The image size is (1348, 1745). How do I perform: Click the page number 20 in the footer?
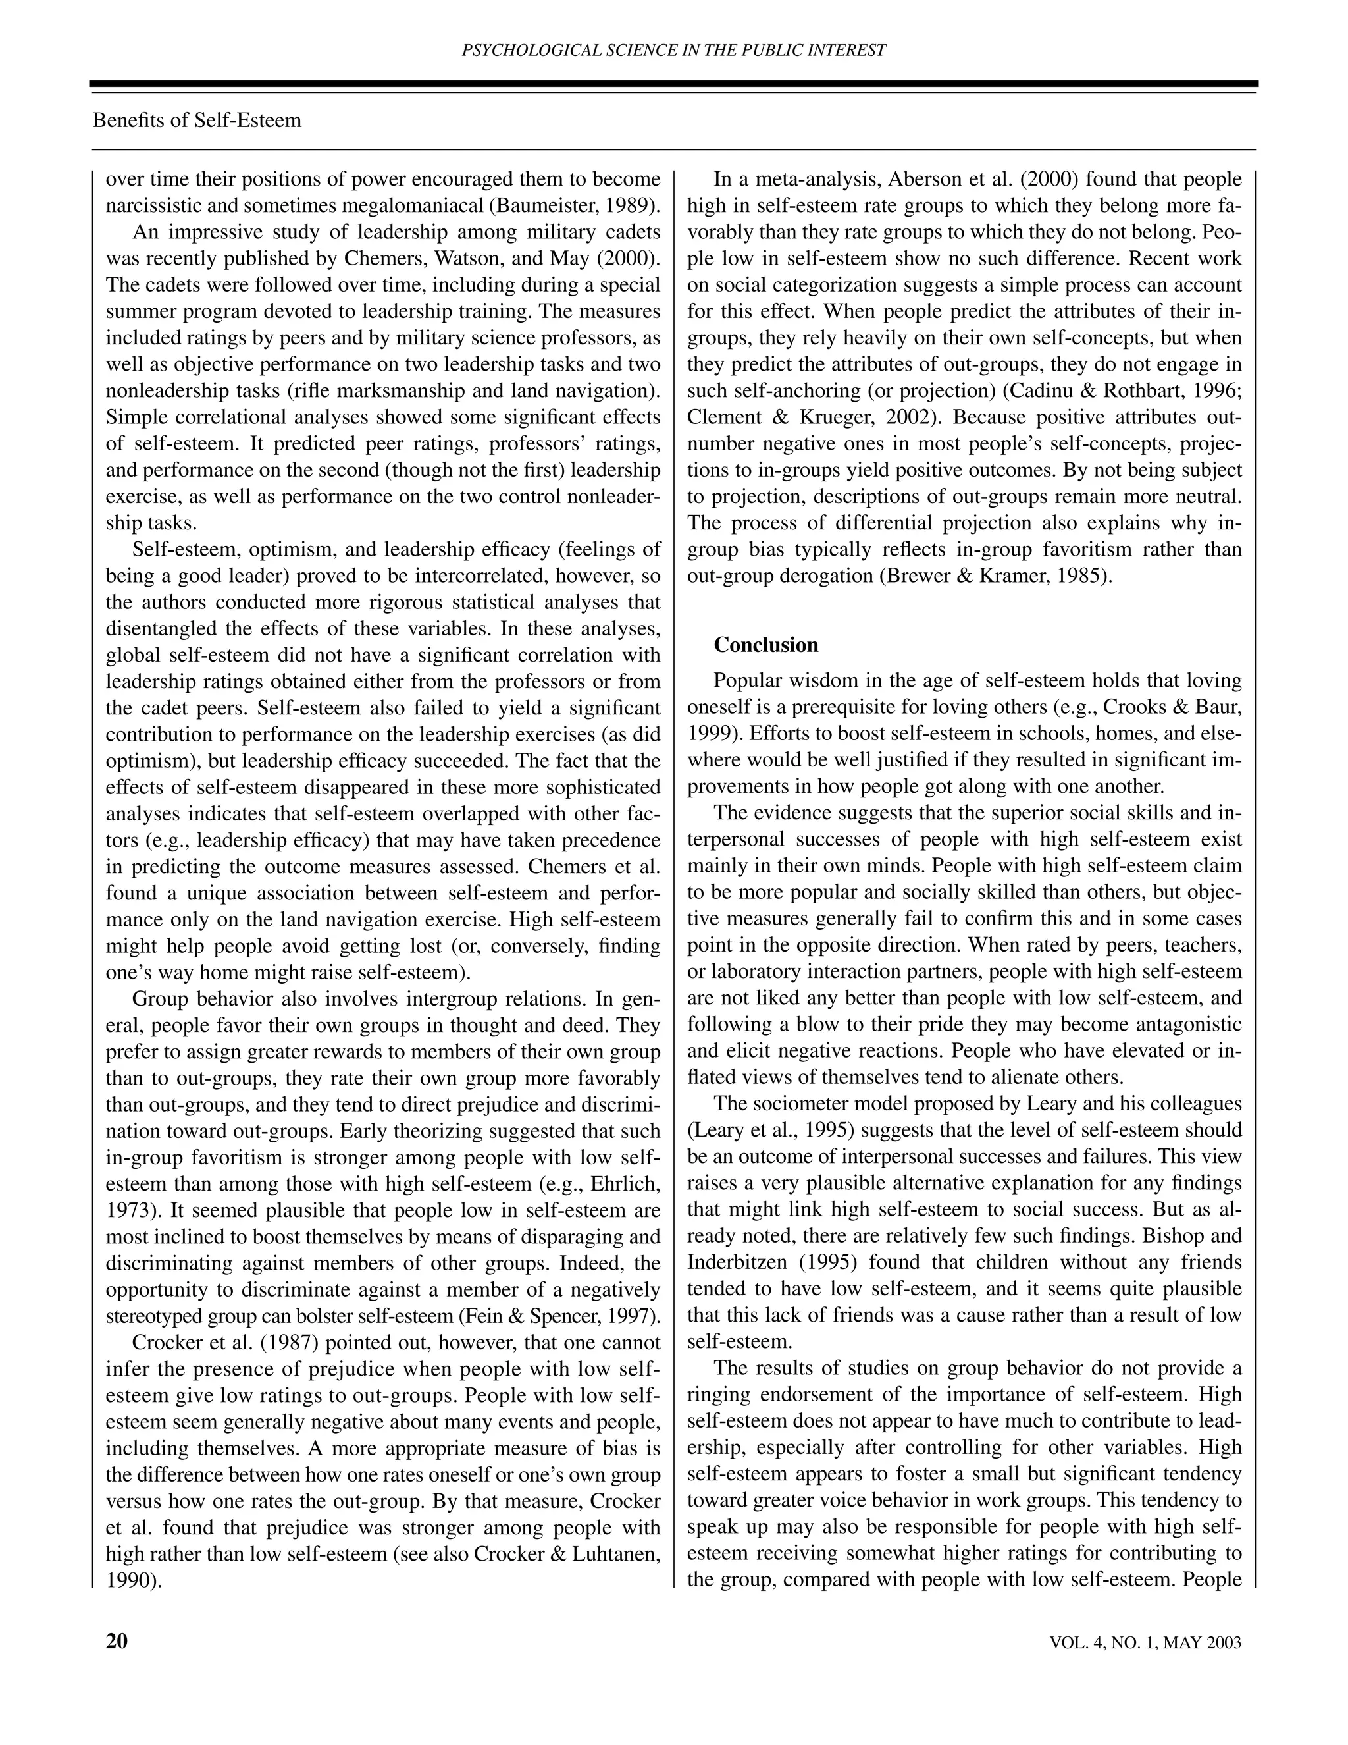coord(117,1641)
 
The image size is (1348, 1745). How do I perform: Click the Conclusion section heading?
coord(766,645)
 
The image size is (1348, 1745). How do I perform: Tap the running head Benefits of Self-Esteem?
coord(197,121)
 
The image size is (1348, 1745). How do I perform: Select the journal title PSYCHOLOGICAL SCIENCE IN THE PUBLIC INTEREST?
coord(674,50)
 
